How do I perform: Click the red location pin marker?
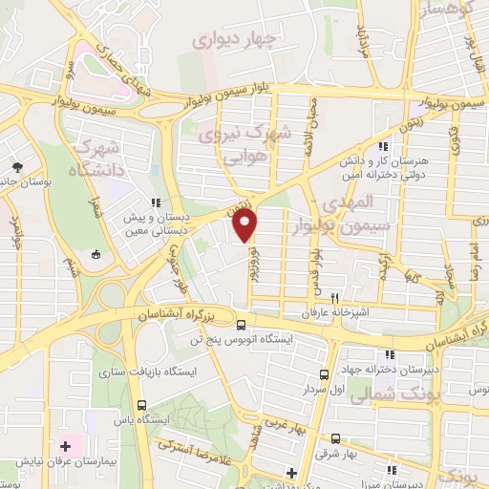point(244,225)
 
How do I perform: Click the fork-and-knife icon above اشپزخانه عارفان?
point(334,297)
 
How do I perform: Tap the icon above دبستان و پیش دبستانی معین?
point(155,202)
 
